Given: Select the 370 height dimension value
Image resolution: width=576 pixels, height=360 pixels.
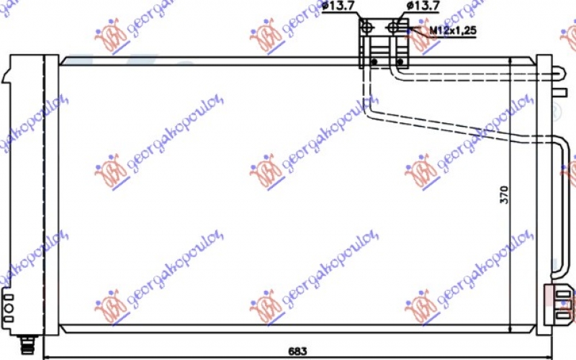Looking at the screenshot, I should (x=505, y=194).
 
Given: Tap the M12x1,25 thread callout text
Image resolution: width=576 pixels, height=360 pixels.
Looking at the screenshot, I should (x=453, y=30).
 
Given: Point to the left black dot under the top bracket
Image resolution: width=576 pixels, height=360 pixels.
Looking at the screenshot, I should (x=374, y=62).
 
